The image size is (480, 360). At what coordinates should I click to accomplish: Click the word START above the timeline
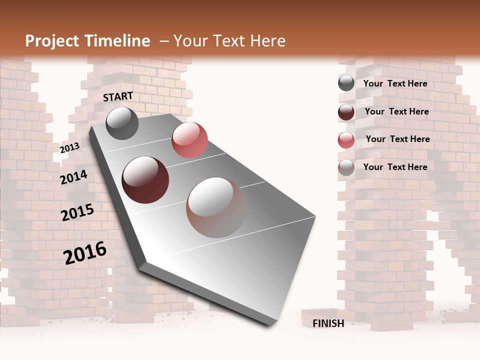pos(118,96)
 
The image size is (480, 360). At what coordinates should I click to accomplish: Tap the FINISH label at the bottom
pos(328,323)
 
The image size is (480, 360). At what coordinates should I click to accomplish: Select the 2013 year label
pos(69,148)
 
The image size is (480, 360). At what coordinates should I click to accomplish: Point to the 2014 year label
pos(73,177)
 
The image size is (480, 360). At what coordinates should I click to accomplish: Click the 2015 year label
pos(77,213)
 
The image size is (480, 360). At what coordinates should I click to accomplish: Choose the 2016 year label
pos(85,252)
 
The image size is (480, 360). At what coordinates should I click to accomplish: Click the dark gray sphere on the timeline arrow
pos(122,123)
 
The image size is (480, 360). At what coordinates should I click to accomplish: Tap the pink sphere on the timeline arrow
pos(189,140)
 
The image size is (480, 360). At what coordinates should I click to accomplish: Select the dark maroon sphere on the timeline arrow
pos(145,180)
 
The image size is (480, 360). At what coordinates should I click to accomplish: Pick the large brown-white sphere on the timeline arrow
pos(216,207)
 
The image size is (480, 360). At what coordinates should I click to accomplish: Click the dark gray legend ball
pos(346,83)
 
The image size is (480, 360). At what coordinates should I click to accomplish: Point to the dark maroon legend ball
pos(346,112)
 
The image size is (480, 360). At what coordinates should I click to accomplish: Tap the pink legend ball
pos(346,140)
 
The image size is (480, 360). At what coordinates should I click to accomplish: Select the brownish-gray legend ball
pos(346,167)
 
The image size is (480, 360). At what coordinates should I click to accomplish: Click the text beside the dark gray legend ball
pos(395,83)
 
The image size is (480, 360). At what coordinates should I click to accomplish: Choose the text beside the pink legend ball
pos(397,139)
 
